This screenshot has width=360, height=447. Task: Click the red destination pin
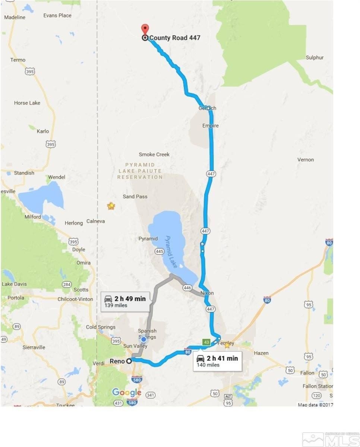(x=145, y=29)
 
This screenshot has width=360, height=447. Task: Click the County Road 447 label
(x=174, y=38)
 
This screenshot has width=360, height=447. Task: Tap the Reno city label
(x=117, y=361)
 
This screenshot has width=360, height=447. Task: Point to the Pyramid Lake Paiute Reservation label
(x=140, y=171)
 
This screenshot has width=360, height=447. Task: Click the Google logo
(x=127, y=392)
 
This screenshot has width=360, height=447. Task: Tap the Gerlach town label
(x=207, y=108)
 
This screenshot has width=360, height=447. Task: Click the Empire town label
(x=211, y=126)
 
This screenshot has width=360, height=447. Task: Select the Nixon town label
(x=207, y=293)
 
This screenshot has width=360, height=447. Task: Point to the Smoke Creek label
(x=154, y=154)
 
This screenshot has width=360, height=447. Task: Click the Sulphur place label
(x=315, y=57)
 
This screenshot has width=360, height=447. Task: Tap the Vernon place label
(x=306, y=159)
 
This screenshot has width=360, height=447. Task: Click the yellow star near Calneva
(x=111, y=206)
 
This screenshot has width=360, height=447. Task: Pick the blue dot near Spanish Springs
(x=143, y=340)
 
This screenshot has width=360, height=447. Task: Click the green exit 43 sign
(x=205, y=342)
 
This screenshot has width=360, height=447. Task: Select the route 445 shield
(x=159, y=252)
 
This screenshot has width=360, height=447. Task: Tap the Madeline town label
(x=15, y=17)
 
